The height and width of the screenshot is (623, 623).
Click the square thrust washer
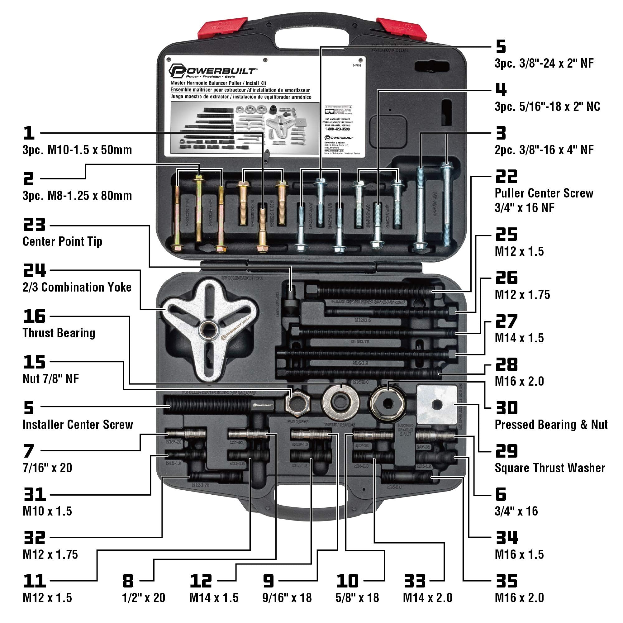tap(437, 405)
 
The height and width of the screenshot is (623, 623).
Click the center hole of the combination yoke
tap(208, 331)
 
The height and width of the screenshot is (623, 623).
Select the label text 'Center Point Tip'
tap(62, 241)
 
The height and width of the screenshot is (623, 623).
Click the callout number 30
tap(506, 408)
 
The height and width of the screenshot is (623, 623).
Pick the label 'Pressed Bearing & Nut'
tap(551, 425)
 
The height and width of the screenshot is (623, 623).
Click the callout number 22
tap(506, 176)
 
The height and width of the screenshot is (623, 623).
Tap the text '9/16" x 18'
tap(287, 598)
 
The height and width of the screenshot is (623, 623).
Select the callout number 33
tap(415, 581)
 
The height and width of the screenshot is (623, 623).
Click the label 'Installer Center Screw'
tap(78, 425)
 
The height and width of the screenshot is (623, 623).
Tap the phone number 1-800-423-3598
tap(337, 129)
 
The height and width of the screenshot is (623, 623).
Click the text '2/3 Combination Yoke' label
tap(77, 287)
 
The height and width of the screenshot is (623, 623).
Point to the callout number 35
tap(506, 581)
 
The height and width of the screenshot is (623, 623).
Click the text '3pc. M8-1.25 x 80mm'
tap(77, 196)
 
